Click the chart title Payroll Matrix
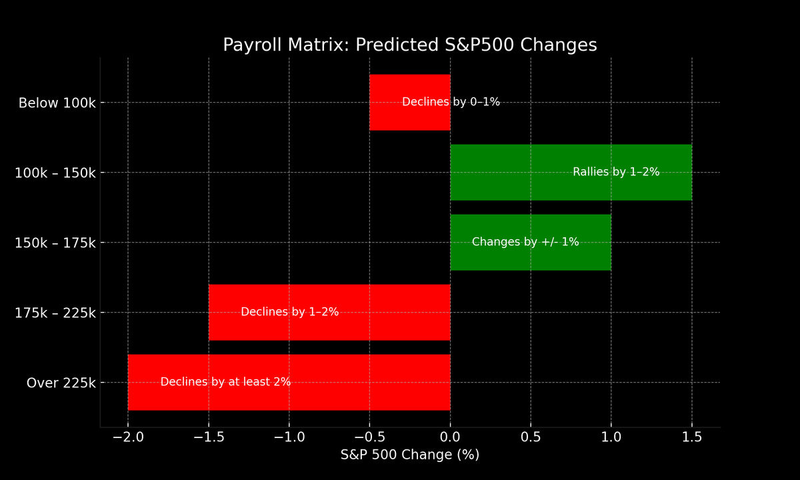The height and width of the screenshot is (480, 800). point(409,45)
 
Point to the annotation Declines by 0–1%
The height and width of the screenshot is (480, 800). point(451,102)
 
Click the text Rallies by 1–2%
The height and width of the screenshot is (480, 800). point(616,172)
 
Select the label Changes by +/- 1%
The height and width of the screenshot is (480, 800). point(525,242)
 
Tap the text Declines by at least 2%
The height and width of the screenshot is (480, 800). point(225,382)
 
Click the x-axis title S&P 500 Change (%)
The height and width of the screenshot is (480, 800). point(409,455)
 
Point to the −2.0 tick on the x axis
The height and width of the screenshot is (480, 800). point(127,437)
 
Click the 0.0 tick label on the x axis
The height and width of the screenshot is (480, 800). point(450,437)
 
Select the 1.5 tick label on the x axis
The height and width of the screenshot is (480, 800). point(692,437)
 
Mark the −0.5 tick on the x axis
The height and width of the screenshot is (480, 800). point(369,437)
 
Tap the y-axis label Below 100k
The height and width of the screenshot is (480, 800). point(57,103)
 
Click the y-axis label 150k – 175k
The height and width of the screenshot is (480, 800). point(55,243)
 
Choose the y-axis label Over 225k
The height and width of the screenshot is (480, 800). point(61,383)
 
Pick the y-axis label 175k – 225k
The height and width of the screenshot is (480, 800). point(55,313)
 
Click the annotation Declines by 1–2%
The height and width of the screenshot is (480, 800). point(289,312)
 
